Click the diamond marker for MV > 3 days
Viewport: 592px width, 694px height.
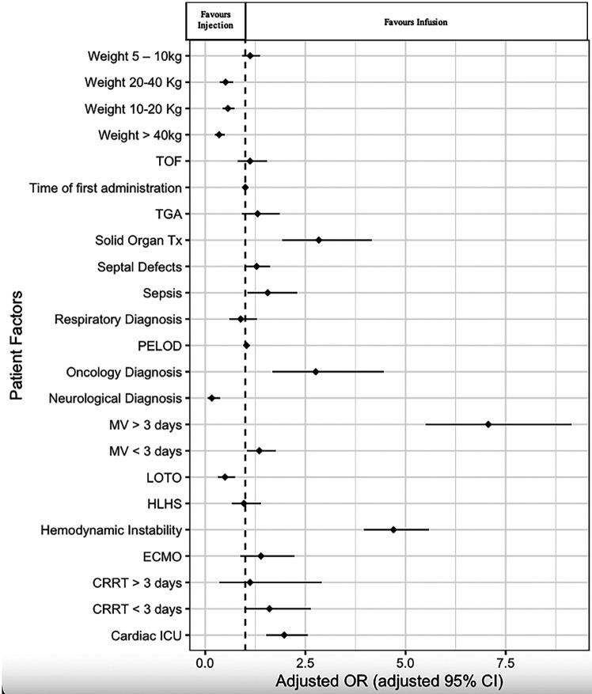[488, 424]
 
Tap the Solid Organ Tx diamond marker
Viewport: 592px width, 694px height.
[319, 240]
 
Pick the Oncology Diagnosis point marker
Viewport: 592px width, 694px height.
[316, 371]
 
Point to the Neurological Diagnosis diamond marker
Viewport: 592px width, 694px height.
[211, 397]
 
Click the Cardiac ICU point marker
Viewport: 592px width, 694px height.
[284, 635]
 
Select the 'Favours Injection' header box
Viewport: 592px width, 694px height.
[216, 20]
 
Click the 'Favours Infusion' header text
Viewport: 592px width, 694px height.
[412, 22]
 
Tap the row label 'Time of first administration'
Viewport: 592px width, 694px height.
[105, 188]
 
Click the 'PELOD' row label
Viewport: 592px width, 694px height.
[161, 345]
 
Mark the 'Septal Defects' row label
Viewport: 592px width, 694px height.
[139, 266]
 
